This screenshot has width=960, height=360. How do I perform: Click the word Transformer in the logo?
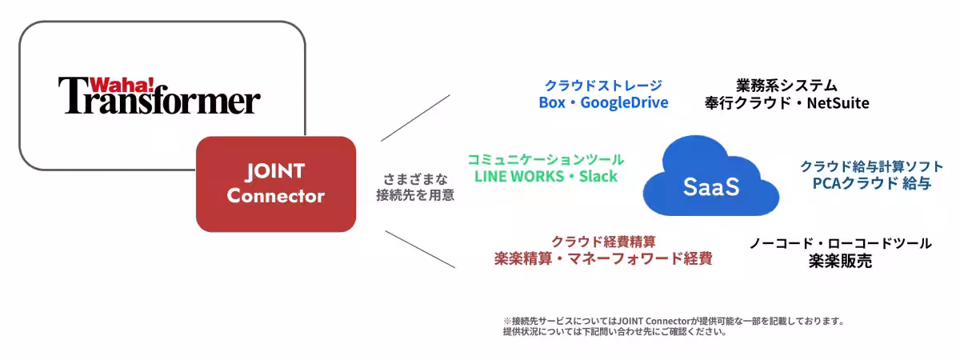tap(160, 101)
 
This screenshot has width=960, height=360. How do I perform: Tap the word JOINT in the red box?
tap(275, 171)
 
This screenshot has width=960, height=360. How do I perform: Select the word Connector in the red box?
tap(275, 195)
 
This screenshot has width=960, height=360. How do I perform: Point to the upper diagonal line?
tap(415, 118)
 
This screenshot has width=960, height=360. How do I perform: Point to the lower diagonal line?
tap(420, 249)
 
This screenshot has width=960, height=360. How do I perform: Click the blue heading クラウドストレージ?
tap(603, 86)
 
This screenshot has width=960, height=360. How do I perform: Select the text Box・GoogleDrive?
tap(603, 102)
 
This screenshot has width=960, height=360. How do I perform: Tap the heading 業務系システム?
tap(786, 85)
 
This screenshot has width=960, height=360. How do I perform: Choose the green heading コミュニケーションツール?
tap(546, 159)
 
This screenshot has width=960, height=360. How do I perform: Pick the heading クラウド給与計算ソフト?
tap(871, 166)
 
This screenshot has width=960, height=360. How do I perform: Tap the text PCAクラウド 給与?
tap(871, 183)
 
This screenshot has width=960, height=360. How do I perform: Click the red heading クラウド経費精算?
tap(603, 241)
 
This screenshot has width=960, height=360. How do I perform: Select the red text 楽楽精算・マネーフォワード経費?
tap(603, 258)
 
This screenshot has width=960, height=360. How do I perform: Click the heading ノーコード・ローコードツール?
tap(840, 243)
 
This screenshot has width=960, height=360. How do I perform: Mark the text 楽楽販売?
tap(840, 261)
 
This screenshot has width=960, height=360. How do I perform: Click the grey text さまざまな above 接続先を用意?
tap(415, 178)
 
